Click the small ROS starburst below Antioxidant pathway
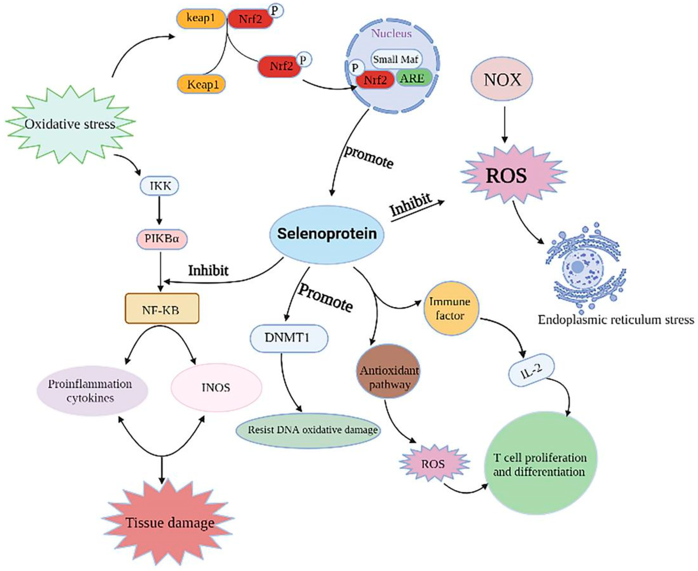433,464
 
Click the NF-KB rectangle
162,309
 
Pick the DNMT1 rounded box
288,338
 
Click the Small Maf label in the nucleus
396,60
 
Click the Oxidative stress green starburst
70,124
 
